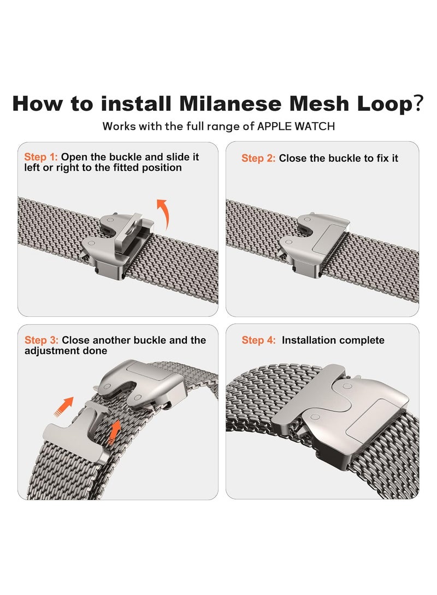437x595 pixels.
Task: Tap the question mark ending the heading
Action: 418,103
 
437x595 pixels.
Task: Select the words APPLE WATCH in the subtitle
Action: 296,127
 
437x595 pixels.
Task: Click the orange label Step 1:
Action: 40,157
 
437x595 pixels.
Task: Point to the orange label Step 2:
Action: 258,158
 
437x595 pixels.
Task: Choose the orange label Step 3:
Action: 42,340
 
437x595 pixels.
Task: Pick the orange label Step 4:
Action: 259,340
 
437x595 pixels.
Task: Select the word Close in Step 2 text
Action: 293,158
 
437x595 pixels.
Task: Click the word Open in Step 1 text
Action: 74,158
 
